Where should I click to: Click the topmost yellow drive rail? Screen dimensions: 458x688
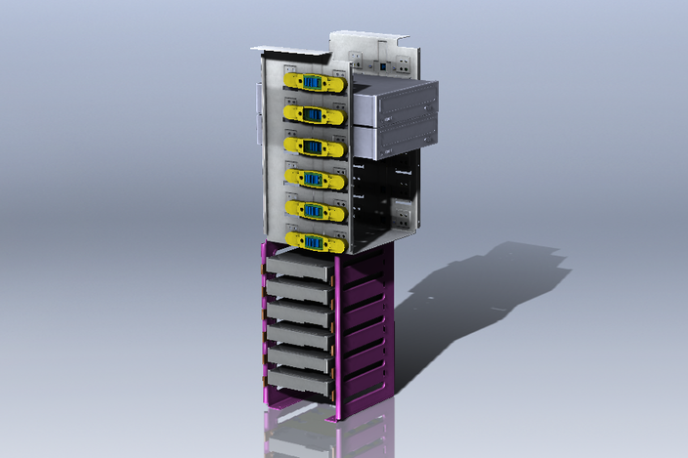[314, 83]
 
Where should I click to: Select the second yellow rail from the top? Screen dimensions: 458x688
[314, 115]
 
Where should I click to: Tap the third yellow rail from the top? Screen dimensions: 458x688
[314, 147]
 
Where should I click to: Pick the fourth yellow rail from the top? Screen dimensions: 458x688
[314, 180]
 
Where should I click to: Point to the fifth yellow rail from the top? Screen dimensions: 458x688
[314, 210]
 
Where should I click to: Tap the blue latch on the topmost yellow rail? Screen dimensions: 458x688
[314, 83]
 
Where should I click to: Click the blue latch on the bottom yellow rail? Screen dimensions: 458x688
[313, 241]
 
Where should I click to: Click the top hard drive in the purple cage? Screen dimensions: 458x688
[299, 265]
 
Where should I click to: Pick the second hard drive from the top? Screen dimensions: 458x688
[299, 289]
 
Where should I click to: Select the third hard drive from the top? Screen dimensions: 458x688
[299, 312]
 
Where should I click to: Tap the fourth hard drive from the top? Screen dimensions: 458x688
[299, 336]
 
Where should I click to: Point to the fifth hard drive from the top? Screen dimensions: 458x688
[299, 359]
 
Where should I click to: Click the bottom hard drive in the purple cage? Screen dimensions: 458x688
[299, 382]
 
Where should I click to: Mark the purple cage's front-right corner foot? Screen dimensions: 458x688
[336, 414]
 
